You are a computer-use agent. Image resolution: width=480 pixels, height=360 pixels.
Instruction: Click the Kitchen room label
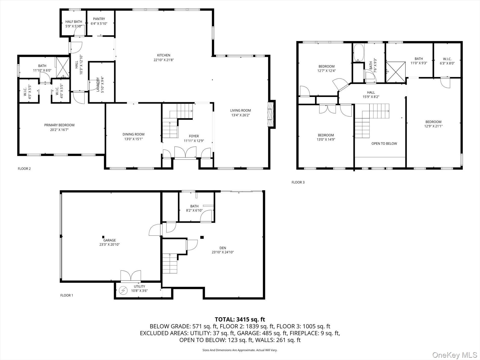pos(164,55)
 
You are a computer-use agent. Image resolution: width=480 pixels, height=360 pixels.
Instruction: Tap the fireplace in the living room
pos(271,114)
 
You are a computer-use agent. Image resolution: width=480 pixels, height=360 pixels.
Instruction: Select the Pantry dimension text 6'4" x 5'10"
pos(99,23)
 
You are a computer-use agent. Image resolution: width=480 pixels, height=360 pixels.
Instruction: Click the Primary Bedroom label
pos(59,125)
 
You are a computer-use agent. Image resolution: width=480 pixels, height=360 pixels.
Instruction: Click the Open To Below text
pos(384,143)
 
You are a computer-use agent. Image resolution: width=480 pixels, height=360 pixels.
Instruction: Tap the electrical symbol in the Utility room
pos(123,291)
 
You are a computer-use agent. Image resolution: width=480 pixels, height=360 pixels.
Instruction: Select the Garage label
pos(109,240)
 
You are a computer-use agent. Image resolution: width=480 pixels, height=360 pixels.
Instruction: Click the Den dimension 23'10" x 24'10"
pos(223,252)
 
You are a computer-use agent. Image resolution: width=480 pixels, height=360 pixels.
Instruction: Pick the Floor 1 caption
pos(67,295)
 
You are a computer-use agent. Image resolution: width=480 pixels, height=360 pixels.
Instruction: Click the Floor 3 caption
pos(298,182)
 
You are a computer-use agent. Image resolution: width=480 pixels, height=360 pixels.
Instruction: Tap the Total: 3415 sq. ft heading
pos(240,320)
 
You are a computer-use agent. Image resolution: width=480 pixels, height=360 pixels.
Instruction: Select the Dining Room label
pos(133,134)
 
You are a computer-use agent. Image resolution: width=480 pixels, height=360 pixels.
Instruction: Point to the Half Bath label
pos(74,22)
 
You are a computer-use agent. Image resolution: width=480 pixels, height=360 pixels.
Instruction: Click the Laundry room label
pos(98,85)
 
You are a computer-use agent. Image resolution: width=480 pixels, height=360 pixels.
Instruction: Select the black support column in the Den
pos(202,237)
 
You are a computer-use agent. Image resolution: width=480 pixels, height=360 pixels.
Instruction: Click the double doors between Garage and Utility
pos(131,276)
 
